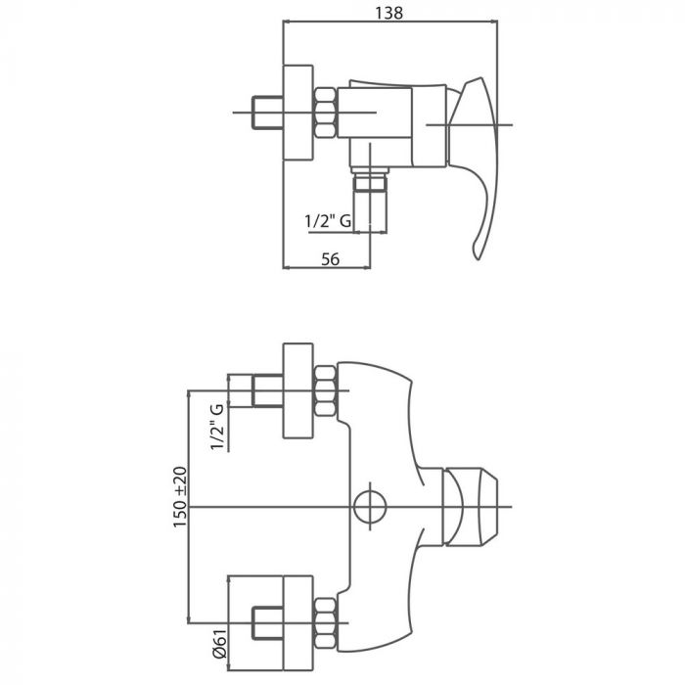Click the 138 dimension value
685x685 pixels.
(389, 13)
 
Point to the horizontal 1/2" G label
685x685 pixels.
(328, 222)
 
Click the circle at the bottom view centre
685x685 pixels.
(369, 506)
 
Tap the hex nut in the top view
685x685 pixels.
(325, 112)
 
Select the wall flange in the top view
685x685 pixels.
(297, 113)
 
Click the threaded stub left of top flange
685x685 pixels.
(266, 113)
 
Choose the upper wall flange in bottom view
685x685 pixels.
(297, 391)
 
